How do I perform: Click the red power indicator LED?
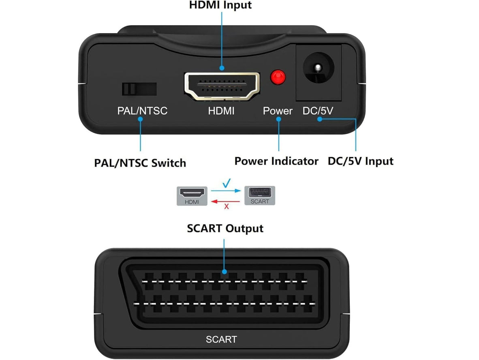point(278,77)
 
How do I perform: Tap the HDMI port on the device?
point(222,86)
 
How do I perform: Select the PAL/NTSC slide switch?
point(139,89)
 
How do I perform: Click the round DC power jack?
point(318,68)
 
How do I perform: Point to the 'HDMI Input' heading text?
point(220,5)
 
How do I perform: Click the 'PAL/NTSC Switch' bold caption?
point(140,163)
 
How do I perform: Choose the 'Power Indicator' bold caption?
point(276,161)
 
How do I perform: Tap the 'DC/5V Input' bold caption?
point(361,161)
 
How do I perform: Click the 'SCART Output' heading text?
point(225,229)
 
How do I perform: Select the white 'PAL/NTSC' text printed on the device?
point(142,111)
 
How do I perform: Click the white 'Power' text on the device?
point(277,111)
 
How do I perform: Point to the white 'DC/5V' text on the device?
point(318,111)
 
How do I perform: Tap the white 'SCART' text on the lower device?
point(221,339)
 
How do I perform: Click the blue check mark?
point(227,183)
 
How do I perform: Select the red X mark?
point(227,207)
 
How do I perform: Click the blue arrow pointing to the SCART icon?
point(226,191)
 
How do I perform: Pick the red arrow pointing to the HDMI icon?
point(226,201)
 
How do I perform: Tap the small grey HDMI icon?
point(192,196)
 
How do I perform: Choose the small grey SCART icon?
point(260,195)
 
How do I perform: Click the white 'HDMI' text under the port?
point(221,111)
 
